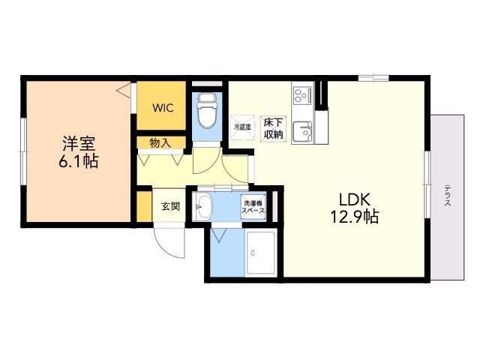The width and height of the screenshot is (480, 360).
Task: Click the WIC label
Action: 163,108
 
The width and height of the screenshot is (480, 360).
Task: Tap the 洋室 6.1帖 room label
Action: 79,150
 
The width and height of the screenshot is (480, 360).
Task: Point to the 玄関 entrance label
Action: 170,206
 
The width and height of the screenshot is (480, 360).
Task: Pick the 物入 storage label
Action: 160,142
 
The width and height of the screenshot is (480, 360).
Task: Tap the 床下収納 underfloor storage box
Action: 272,128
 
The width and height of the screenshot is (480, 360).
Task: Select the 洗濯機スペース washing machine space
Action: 253,207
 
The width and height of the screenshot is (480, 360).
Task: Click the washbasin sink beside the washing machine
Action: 204,207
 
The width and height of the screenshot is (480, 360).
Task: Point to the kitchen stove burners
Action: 302,95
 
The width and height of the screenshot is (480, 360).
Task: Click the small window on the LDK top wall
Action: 373,77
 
